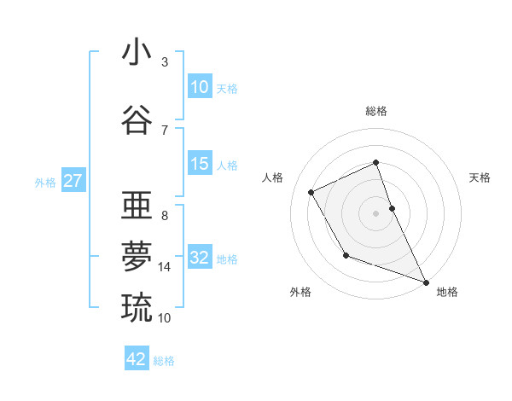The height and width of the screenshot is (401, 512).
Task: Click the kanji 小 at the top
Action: pos(137,54)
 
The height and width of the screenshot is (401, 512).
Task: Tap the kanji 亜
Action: pos(137,206)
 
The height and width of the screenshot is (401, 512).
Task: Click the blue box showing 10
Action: pos(200,87)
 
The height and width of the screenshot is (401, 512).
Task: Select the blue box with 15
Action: pos(200,164)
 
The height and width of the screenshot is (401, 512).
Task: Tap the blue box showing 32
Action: pos(200,258)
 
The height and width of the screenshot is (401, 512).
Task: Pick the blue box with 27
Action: pos(73,181)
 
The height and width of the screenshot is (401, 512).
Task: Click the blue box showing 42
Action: pos(137,359)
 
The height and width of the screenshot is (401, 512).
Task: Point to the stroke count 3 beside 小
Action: pos(165,62)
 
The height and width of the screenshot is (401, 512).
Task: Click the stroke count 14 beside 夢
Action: pos(165,266)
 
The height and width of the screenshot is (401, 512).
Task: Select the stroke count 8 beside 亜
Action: pos(165,215)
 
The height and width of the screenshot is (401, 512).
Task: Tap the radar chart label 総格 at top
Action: pos(376,111)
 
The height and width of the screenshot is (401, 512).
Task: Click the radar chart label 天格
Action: pos(480,177)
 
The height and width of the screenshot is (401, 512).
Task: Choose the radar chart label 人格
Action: pos(273,177)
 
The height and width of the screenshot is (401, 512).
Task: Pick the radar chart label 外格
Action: pos(300,292)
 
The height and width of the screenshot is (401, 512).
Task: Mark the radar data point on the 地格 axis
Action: pos(425,281)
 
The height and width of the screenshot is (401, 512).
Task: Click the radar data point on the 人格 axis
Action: pos(311,192)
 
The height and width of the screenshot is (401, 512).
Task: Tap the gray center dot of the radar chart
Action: pos(376,212)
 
